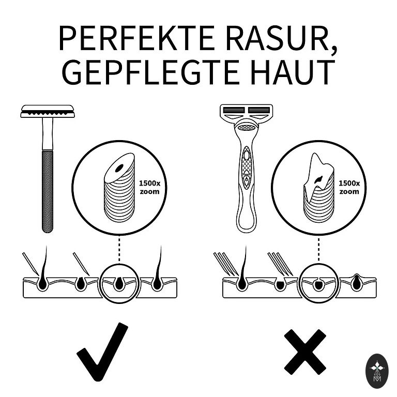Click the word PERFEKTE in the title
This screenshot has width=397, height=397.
136,38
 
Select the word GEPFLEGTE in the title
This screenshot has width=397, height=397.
150,72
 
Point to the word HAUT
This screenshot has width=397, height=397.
293,72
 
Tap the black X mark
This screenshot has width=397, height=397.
305,352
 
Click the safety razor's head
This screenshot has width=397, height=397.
48,112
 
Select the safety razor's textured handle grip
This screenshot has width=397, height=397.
48,191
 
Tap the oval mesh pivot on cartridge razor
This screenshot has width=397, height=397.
246,127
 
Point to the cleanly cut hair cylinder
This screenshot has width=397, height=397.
119,188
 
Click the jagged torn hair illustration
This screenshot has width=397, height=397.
319,188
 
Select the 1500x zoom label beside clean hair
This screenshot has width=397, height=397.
149,187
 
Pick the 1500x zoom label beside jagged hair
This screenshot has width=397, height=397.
349,187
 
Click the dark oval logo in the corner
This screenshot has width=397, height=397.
377,371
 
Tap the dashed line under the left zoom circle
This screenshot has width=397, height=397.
119,249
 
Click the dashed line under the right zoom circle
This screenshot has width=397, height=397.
318,249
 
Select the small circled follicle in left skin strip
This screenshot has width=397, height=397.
119,283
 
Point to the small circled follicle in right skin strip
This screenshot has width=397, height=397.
318,283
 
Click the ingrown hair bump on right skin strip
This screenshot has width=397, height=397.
357,282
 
